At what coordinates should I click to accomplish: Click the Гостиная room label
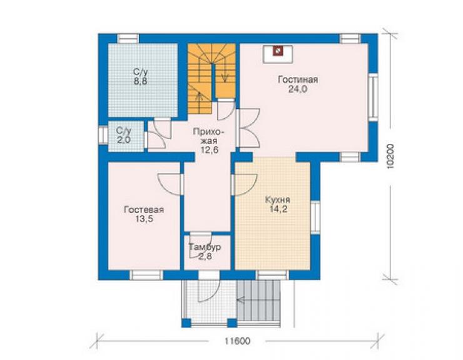click(x=298, y=80)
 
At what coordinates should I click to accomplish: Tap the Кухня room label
click(x=278, y=200)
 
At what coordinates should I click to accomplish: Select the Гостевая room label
click(x=144, y=210)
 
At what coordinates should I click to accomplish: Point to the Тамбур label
click(x=205, y=247)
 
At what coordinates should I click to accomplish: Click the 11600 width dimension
click(x=237, y=341)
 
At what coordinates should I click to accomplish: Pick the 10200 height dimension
click(x=390, y=156)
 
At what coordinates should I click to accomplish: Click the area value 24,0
click(x=298, y=90)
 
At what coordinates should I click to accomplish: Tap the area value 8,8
click(x=141, y=81)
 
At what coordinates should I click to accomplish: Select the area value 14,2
click(x=278, y=209)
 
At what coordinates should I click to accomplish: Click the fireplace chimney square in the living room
click(x=278, y=51)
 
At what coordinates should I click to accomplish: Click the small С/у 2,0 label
click(x=123, y=135)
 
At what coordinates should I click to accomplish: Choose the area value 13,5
click(x=145, y=219)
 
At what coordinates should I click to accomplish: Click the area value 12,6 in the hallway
click(x=210, y=150)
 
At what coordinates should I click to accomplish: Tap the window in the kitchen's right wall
click(x=315, y=217)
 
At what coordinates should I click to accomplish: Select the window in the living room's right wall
click(x=374, y=97)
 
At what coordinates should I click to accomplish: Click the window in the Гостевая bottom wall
click(x=146, y=275)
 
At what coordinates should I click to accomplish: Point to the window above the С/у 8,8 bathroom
click(x=128, y=39)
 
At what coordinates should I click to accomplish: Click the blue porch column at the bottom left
click(x=186, y=322)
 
